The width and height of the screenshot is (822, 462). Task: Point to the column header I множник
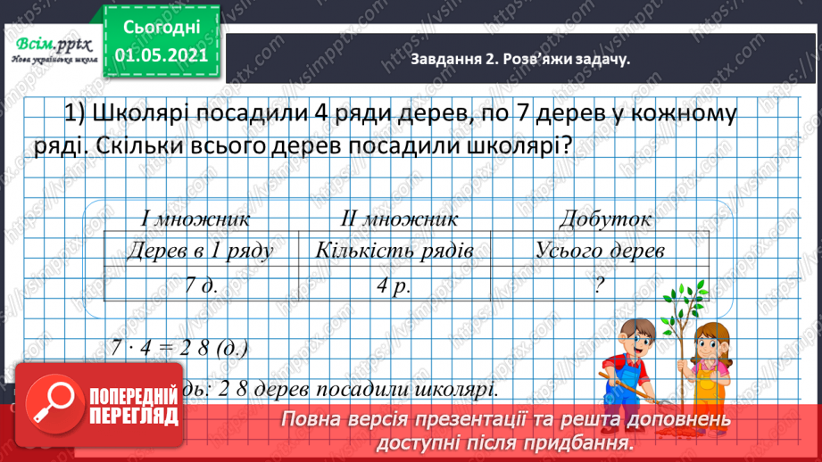tap(195, 218)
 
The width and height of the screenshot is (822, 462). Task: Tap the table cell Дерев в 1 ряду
tap(200, 251)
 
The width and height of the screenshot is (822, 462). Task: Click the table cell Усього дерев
tap(601, 251)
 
